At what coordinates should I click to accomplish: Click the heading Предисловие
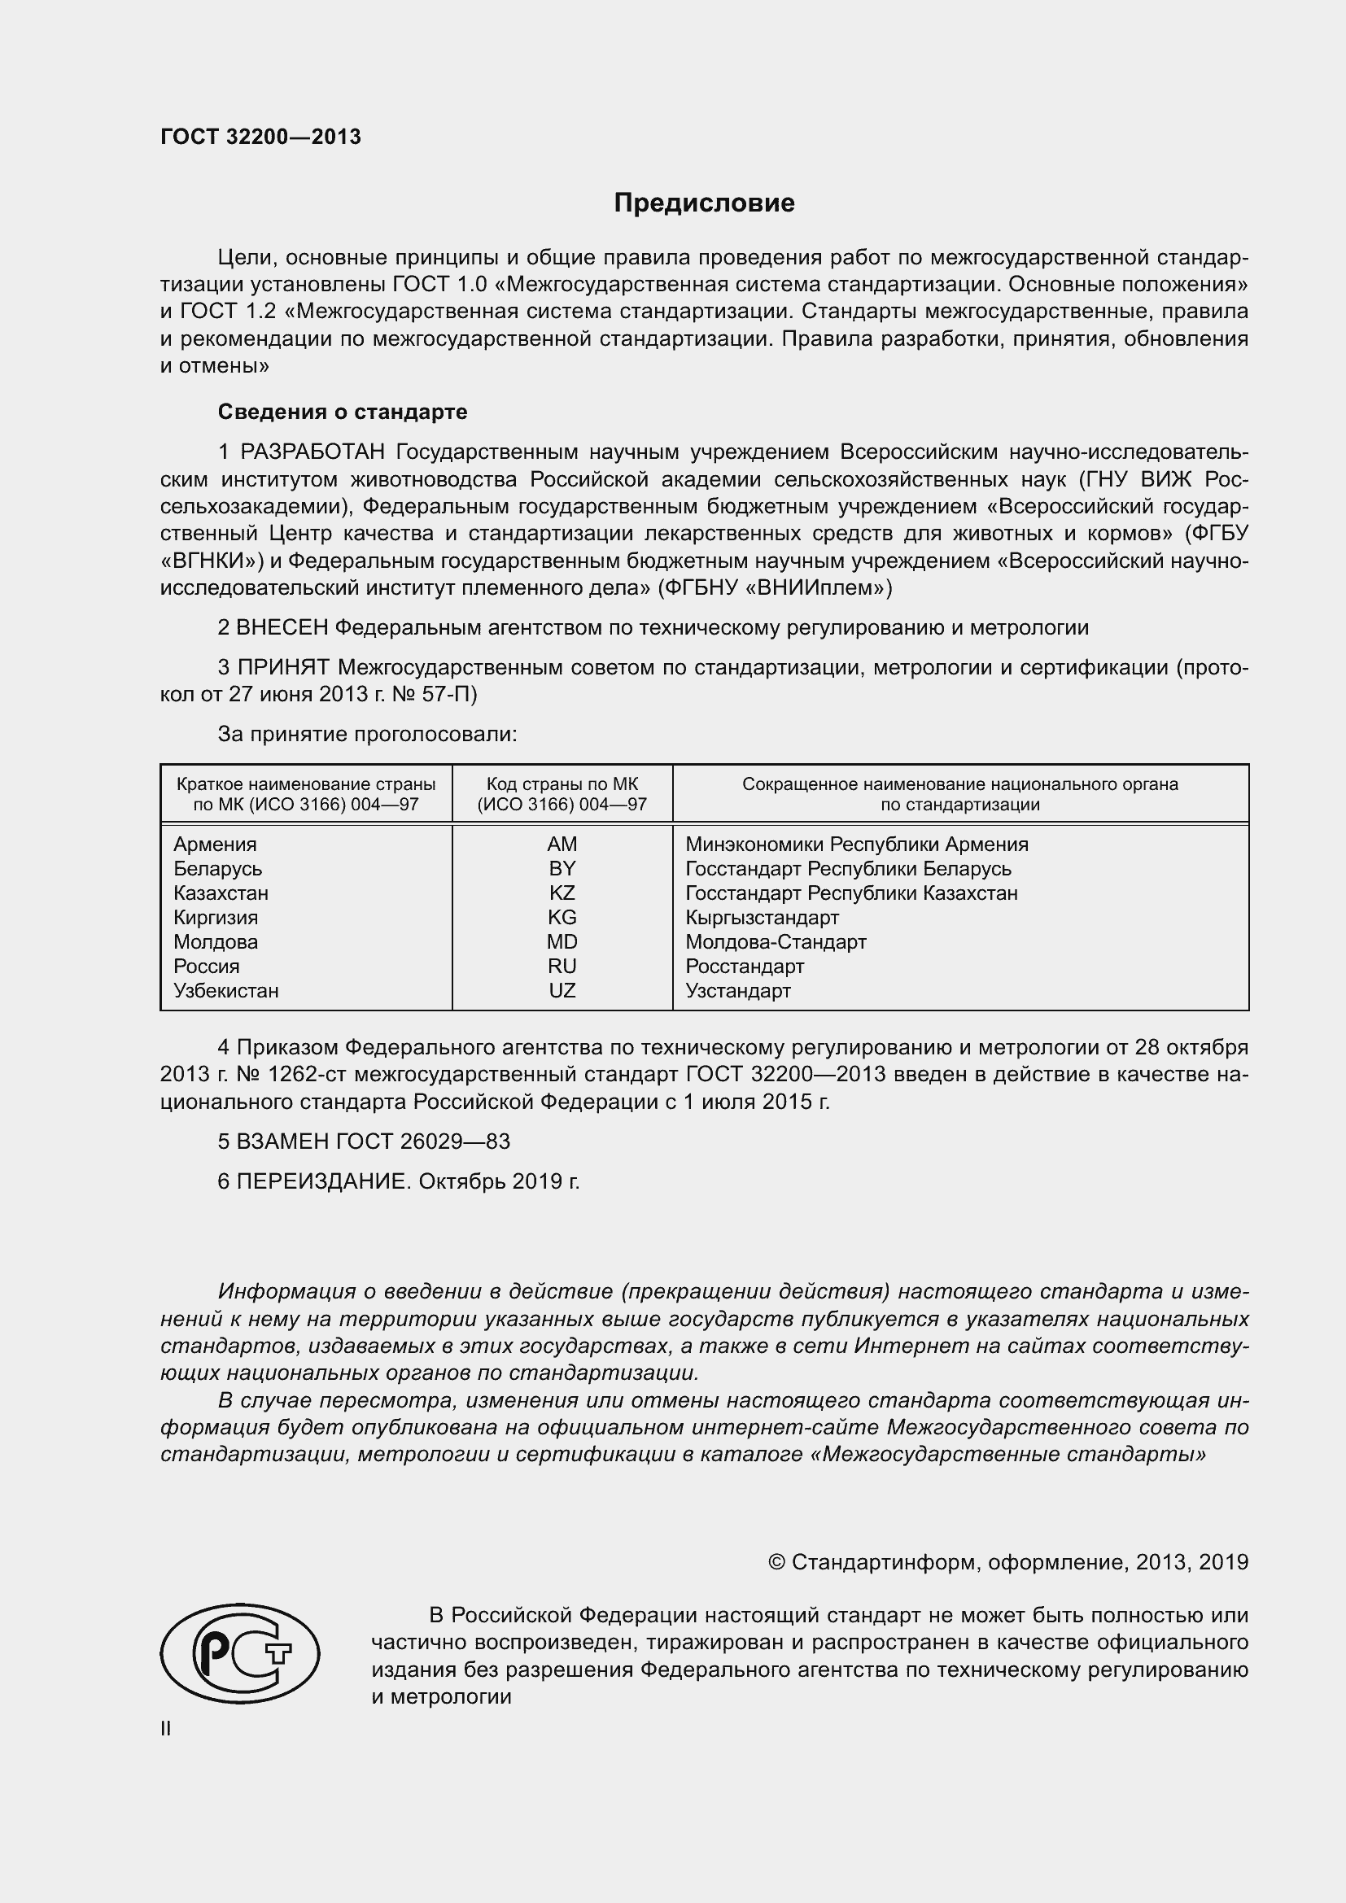click(704, 203)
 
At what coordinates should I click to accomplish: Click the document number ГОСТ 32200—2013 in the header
click(260, 137)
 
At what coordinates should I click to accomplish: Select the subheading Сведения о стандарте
click(343, 412)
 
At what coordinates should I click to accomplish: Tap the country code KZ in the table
click(562, 893)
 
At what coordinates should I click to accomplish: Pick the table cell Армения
click(215, 844)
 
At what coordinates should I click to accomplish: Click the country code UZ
click(562, 990)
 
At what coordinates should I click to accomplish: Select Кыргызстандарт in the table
click(762, 918)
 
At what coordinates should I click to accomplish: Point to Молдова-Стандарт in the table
click(775, 941)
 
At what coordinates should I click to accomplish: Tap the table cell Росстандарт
click(745, 967)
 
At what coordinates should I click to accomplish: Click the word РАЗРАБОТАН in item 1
click(312, 452)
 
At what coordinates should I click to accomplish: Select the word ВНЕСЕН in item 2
click(282, 627)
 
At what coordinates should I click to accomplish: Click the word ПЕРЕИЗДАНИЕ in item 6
click(324, 1181)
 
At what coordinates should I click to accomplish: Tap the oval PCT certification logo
click(239, 1653)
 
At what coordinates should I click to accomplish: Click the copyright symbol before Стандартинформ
click(776, 1562)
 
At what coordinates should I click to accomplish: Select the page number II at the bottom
click(166, 1728)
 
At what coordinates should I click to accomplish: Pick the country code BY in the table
click(562, 869)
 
